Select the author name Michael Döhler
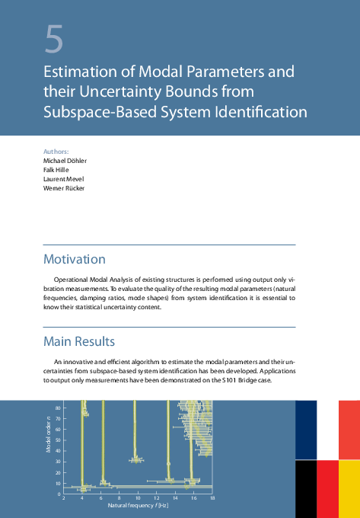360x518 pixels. pos(65,161)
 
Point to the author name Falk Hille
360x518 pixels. pos(56,171)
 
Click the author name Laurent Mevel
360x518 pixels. pos(62,179)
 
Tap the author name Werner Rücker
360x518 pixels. pos(64,188)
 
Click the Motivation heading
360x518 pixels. pos(74,259)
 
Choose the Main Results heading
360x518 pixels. pos(79,340)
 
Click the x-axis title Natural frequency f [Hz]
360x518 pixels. pos(137,505)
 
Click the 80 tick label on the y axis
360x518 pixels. pos(58,409)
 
